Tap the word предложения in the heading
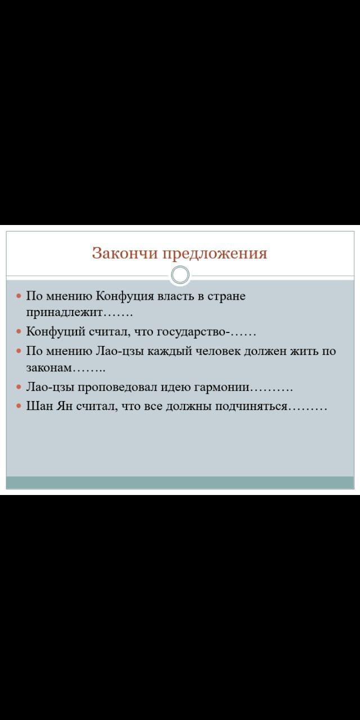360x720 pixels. (215, 254)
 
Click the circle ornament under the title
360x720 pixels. (180, 275)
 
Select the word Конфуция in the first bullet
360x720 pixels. (125, 296)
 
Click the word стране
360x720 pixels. (226, 296)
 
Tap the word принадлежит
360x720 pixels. (64, 312)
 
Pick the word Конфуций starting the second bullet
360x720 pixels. (56, 331)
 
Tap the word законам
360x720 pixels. (49, 368)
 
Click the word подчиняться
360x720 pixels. (251, 407)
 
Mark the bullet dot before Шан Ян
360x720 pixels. (19, 407)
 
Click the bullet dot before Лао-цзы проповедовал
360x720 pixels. (19, 388)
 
